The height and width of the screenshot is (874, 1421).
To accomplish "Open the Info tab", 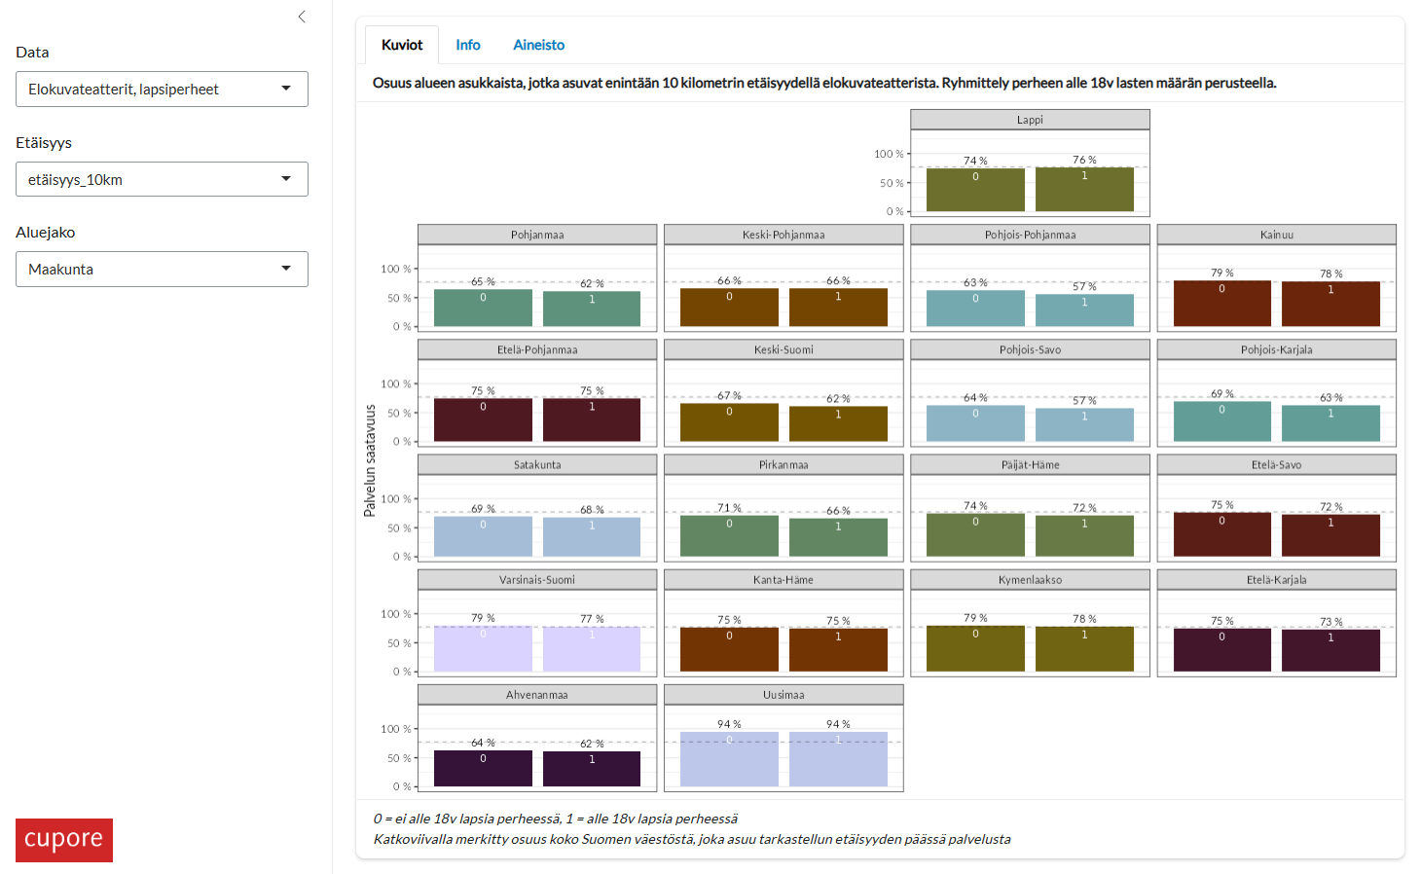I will point(467,45).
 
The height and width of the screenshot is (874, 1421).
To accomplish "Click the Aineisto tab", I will point(538,45).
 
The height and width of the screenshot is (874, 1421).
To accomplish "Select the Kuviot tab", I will point(402,45).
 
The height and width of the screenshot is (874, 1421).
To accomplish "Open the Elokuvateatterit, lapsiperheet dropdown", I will point(162,89).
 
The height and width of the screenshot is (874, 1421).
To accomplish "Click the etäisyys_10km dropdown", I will point(162,179).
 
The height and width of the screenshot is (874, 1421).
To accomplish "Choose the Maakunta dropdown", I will point(162,269).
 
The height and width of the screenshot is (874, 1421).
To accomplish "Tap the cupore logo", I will point(64,839).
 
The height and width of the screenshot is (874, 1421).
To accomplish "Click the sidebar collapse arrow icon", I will point(302,17).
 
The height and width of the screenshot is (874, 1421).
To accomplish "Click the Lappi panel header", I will point(1030,120).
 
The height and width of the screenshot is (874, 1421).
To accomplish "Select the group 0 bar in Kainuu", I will point(1221,304).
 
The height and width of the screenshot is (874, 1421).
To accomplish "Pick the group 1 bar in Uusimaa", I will point(838,759).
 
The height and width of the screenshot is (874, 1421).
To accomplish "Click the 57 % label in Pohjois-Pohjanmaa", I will point(1084,286).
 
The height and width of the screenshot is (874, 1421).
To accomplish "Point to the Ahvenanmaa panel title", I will point(537,695).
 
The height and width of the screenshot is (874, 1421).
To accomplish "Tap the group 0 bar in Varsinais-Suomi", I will point(483,649).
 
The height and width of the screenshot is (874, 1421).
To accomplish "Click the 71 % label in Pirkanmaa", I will point(729,508).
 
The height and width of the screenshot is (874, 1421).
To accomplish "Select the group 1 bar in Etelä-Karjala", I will point(1330,650).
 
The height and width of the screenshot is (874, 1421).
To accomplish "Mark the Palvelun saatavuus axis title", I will point(370,460).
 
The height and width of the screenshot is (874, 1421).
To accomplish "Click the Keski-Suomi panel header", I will point(783,349).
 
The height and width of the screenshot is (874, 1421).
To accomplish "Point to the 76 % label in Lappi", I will point(1084,160).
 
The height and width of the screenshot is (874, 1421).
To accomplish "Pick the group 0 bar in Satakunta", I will point(483,536).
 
